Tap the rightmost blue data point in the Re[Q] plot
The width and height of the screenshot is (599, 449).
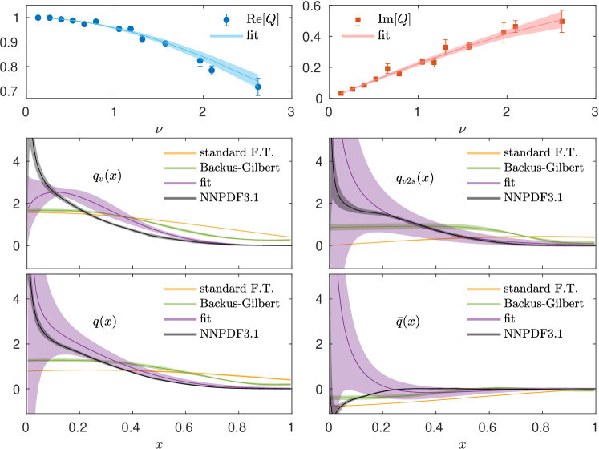pyautogui.click(x=258, y=87)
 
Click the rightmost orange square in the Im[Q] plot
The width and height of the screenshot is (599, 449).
pyautogui.click(x=562, y=22)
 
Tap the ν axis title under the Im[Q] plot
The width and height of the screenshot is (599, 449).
pyautogui.click(x=461, y=126)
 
